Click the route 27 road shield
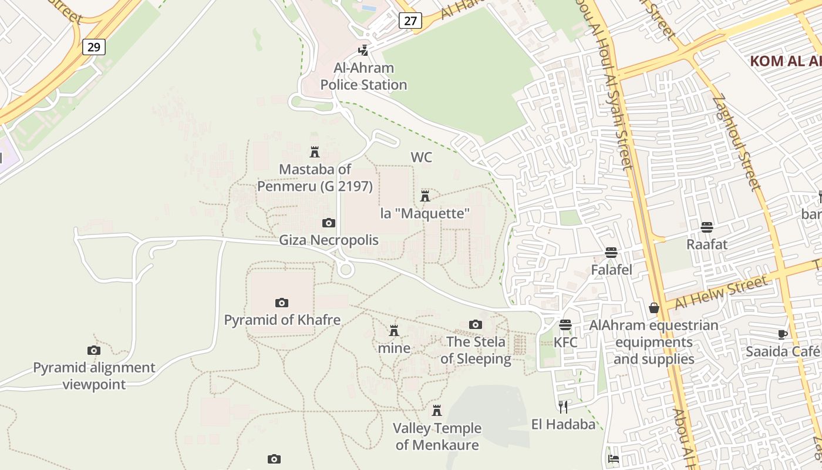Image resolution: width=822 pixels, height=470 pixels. [410, 21]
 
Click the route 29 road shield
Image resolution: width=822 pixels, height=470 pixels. [93, 46]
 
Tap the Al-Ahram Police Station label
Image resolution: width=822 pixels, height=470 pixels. [363, 76]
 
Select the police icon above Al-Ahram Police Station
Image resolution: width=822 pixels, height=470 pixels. [363, 51]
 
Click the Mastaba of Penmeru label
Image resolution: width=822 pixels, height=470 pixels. [315, 177]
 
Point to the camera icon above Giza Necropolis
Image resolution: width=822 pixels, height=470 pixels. [329, 223]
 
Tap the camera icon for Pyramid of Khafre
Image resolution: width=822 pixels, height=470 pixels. [282, 303]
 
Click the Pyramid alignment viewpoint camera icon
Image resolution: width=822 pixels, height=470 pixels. [93, 351]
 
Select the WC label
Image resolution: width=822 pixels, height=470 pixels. [422, 157]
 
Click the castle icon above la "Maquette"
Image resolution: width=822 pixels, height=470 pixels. [425, 196]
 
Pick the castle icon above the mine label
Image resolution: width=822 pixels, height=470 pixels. [394, 331]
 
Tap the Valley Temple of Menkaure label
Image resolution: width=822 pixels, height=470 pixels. [437, 437]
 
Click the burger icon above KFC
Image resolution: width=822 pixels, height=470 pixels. [565, 325]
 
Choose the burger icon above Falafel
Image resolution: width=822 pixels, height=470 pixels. [611, 253]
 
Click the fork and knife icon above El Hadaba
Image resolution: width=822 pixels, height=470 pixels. [563, 407]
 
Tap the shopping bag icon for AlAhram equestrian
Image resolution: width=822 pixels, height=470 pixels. [653, 308]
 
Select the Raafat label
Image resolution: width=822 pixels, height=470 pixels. [707, 244]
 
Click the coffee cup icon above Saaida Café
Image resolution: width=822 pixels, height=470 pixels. [782, 334]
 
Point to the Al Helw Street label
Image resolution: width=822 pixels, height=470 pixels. [720, 292]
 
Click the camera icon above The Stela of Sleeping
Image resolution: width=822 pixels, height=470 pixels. [476, 324]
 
